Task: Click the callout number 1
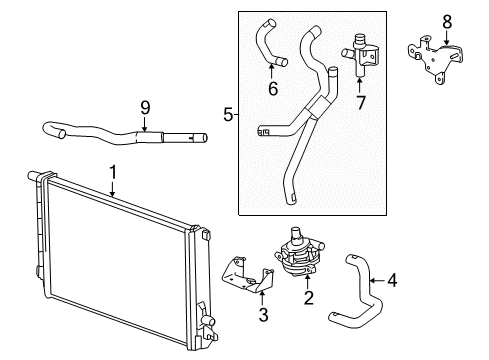[113, 171]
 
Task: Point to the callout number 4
[392, 281]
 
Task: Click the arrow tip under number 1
[113, 193]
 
